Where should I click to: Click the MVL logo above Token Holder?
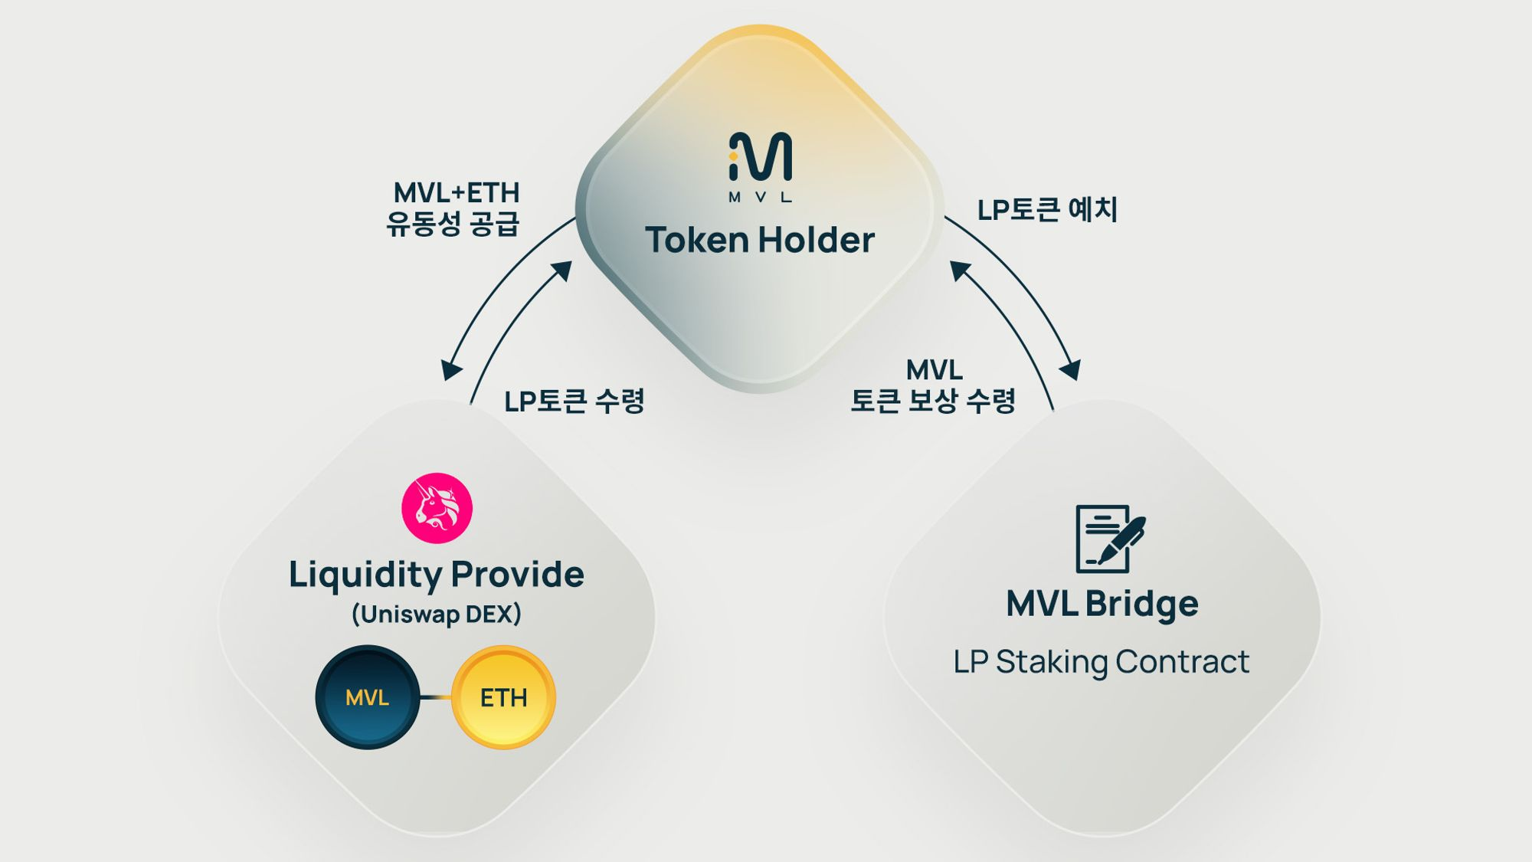tap(760, 166)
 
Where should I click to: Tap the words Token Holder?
tap(760, 240)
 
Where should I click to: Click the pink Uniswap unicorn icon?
tap(437, 508)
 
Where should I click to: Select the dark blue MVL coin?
tap(368, 697)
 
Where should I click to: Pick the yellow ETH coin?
tap(503, 697)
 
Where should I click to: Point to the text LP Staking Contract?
tap(1101, 662)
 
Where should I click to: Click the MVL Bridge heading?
tap(1102, 604)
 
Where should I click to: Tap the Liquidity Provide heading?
tap(436, 575)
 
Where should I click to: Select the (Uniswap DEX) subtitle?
tap(436, 615)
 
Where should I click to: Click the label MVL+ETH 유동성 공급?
tap(453, 208)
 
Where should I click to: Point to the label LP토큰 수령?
tap(574, 401)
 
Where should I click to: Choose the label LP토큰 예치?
tap(1047, 209)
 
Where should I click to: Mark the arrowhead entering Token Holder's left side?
tap(564, 270)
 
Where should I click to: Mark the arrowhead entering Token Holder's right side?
tap(958, 270)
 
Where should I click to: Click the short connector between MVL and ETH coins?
tap(435, 697)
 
